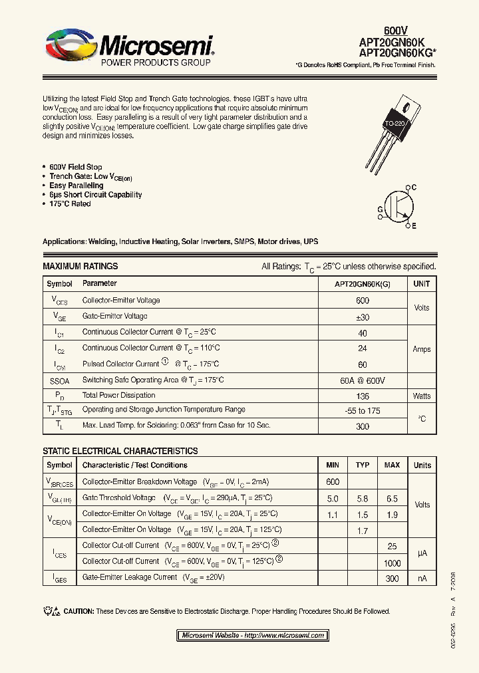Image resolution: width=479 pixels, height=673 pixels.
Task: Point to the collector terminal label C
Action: coord(414,188)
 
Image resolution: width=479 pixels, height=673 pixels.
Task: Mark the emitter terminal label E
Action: coord(414,226)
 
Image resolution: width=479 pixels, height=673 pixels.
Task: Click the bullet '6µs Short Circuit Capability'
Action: coord(95,195)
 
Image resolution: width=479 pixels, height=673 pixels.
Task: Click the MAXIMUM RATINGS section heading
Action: coord(80,266)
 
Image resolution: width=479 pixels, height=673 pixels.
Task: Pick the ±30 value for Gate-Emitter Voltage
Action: coord(363,317)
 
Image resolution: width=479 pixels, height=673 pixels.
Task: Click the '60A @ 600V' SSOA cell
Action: coord(363,380)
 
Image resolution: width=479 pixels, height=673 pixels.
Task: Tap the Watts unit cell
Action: coord(421,396)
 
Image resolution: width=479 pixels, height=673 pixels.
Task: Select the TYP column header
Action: coord(363,465)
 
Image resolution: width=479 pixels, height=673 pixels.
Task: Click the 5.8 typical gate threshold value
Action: coord(363,498)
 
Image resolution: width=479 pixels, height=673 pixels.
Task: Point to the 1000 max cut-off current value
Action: coord(392,563)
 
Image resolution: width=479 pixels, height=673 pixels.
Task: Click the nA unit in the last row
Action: coord(422,579)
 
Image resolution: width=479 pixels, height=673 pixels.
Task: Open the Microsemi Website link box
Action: coord(253,635)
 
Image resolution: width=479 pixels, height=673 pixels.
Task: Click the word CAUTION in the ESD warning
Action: coord(78,611)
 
